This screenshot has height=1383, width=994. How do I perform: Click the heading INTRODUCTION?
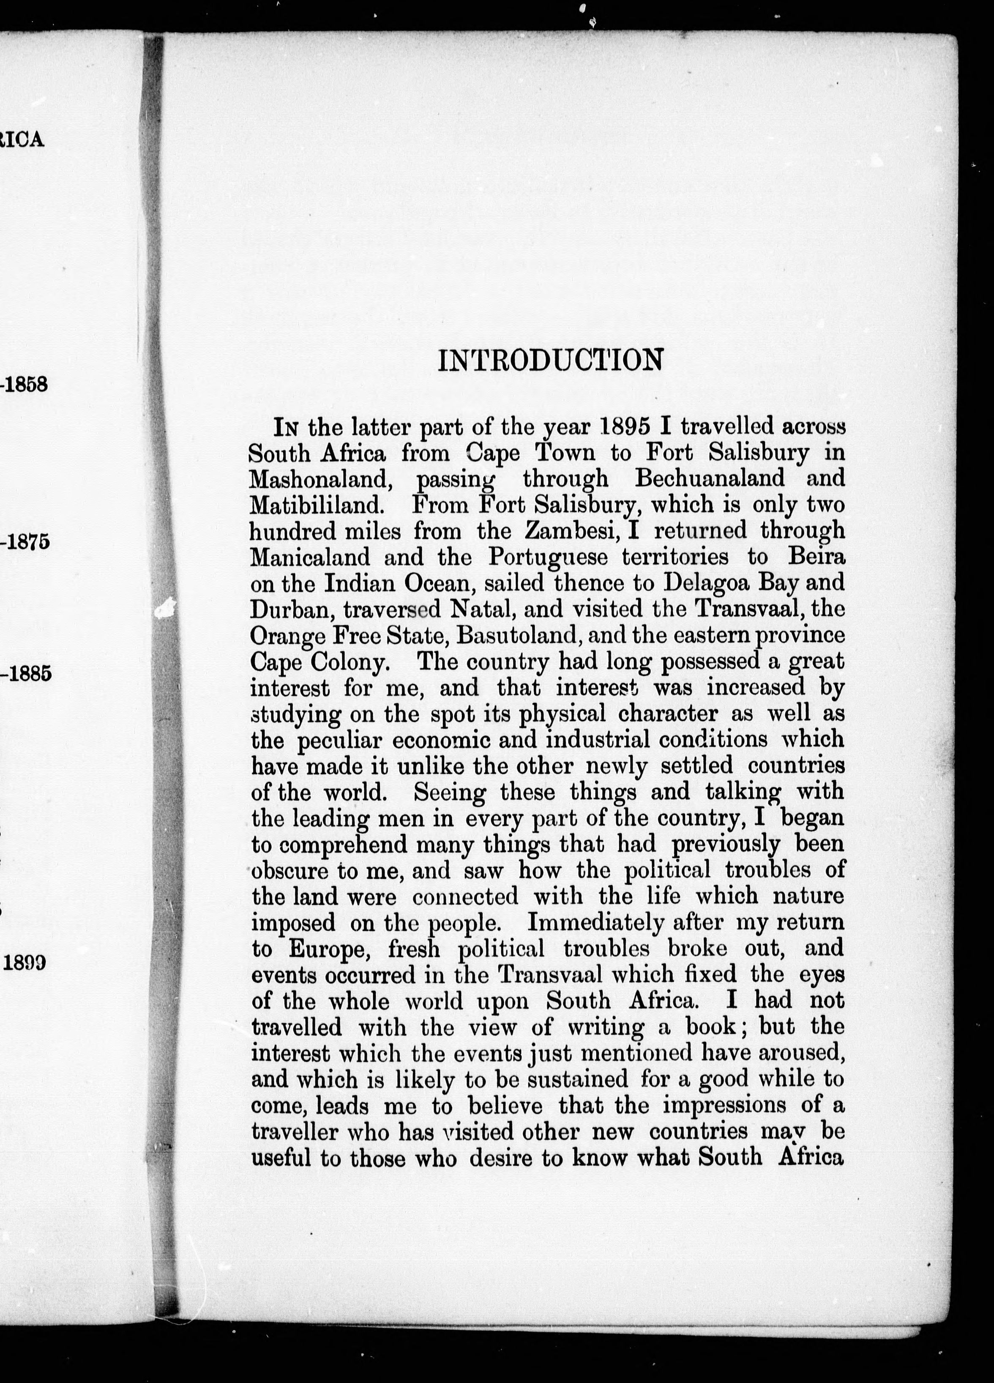click(x=550, y=361)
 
